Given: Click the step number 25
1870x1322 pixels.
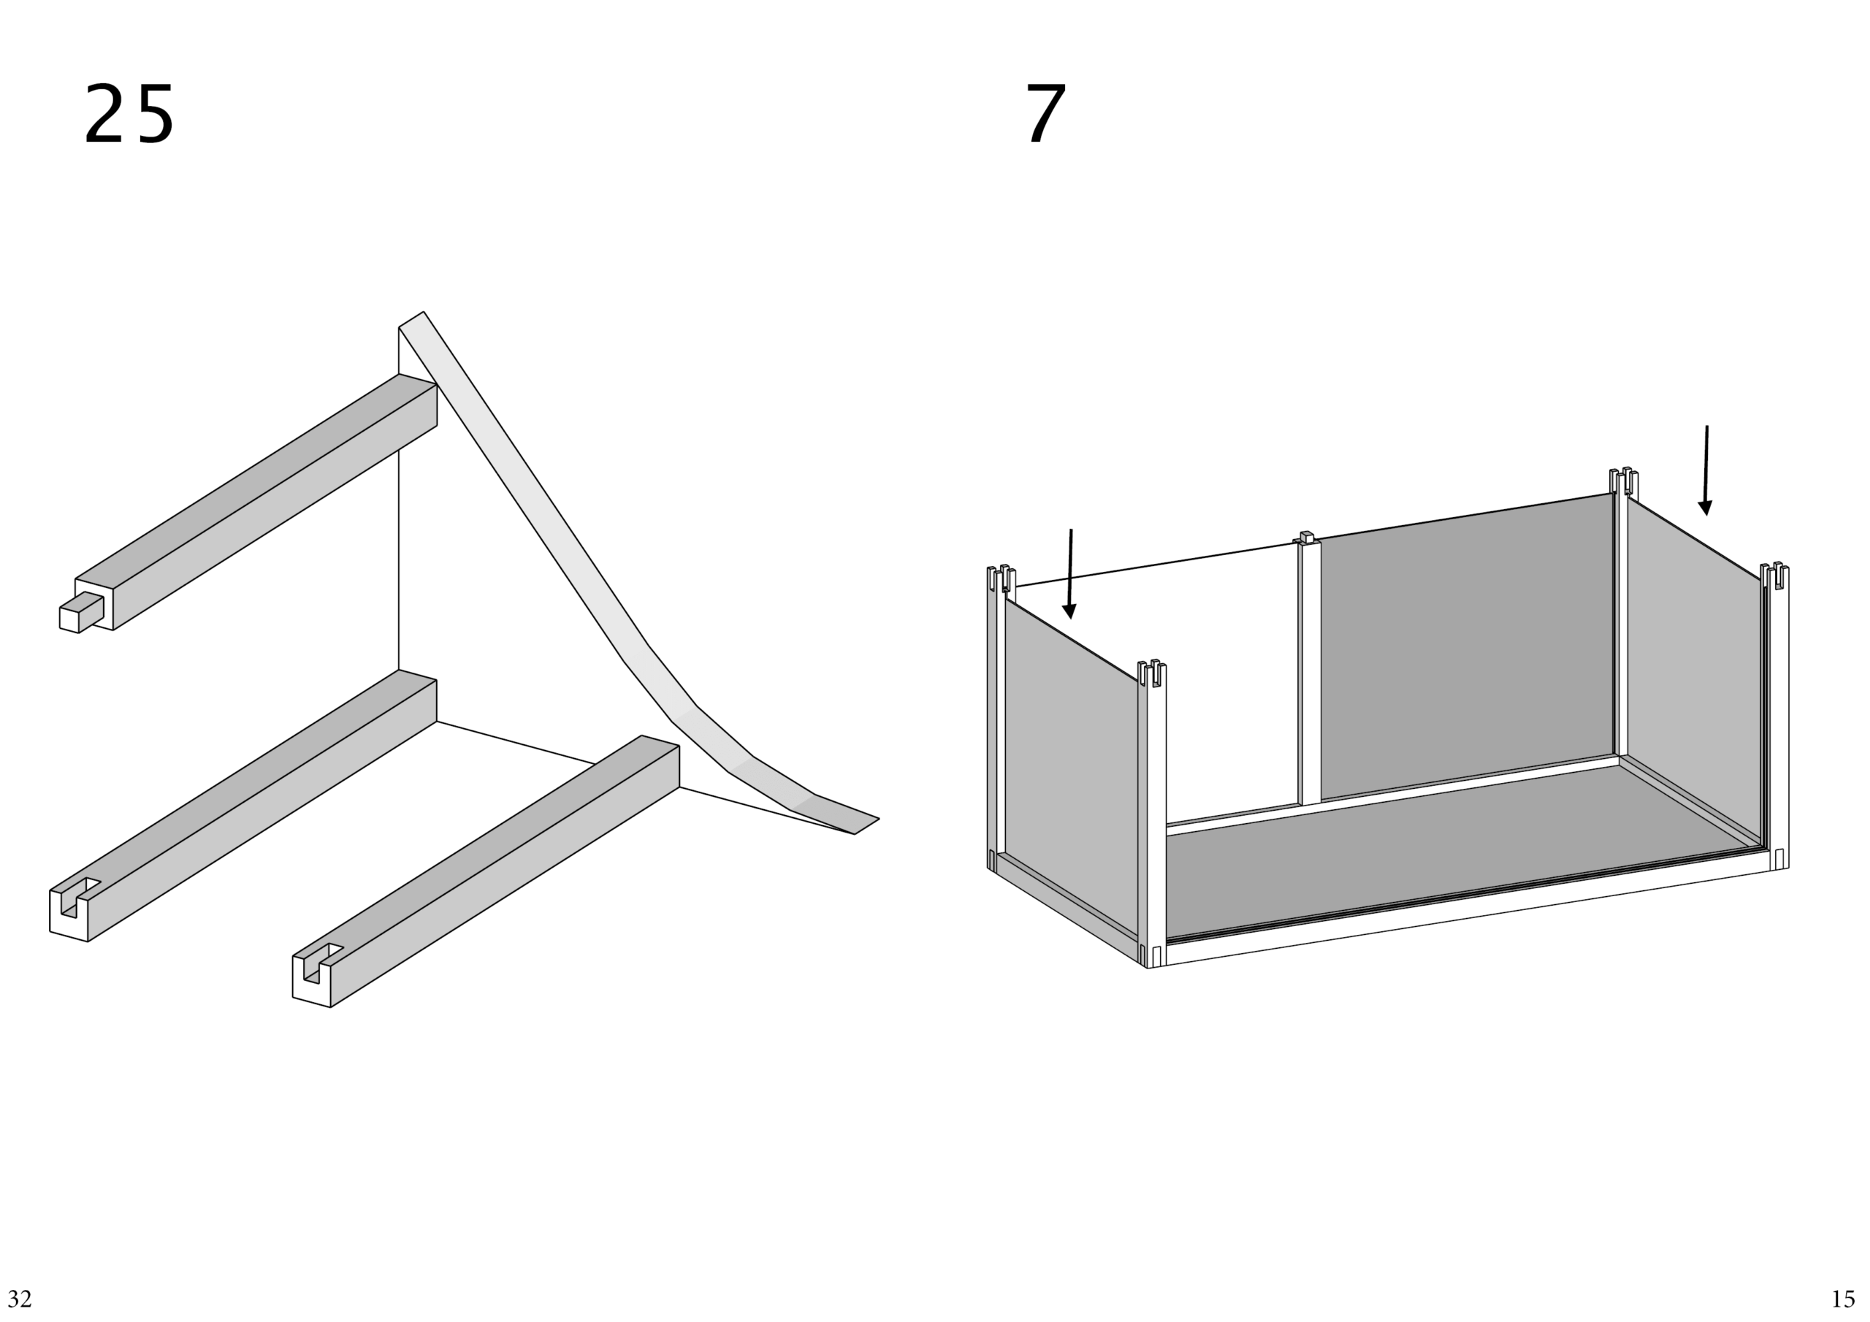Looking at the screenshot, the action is [x=129, y=115].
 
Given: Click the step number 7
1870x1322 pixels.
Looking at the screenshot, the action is [x=1046, y=115].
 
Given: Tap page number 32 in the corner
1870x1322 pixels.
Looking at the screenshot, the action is [x=20, y=1299].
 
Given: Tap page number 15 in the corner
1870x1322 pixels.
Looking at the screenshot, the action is [x=1842, y=1299].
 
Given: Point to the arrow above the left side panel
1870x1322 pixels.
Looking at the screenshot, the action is [x=1070, y=573].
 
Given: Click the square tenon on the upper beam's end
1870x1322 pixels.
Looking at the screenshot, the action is [x=81, y=613].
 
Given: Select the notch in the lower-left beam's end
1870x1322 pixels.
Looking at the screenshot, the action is [x=79, y=896].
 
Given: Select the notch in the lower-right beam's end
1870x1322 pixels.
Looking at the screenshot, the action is [x=321, y=962].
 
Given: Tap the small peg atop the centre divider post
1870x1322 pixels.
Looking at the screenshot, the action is [x=1306, y=537].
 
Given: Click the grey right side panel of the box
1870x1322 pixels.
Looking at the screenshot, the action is [x=1695, y=668].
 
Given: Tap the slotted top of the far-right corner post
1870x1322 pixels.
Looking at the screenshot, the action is [x=1774, y=575].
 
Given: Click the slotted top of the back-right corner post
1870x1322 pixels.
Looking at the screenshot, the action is [x=1624, y=481].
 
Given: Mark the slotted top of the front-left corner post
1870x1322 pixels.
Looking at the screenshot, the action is [x=1153, y=673].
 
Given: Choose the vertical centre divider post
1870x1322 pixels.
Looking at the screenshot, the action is [x=1309, y=672].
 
